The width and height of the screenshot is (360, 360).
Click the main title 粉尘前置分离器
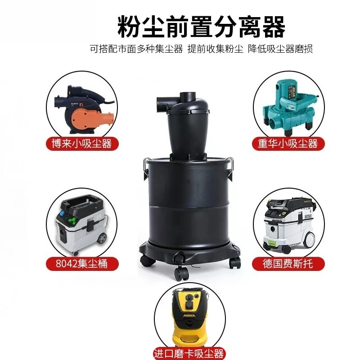[201, 27]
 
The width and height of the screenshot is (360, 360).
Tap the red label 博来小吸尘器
[82, 144]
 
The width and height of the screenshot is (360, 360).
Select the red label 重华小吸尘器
[288, 144]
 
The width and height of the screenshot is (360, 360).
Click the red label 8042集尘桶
[82, 264]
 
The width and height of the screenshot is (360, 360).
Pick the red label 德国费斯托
[288, 264]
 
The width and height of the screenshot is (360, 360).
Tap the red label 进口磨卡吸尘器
[189, 354]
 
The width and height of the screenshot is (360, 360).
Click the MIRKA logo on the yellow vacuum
[189, 315]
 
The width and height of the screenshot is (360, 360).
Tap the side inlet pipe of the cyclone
[164, 103]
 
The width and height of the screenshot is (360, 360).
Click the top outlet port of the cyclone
[188, 97]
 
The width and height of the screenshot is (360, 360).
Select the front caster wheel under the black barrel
[181, 274]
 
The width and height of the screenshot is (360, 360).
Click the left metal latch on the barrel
[145, 169]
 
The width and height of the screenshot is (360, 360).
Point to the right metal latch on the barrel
[230, 169]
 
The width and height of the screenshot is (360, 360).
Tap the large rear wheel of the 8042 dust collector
[102, 238]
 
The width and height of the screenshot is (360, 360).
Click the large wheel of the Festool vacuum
[309, 239]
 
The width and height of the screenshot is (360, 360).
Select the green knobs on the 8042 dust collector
[72, 221]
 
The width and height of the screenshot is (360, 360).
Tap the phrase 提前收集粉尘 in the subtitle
[216, 49]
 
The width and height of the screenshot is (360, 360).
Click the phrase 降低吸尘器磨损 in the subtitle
[280, 49]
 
